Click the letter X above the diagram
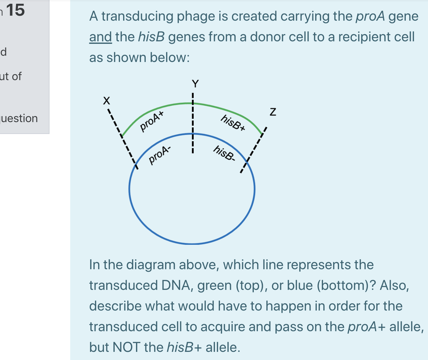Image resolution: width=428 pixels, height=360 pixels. coord(107,101)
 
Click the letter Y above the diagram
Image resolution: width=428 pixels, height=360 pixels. coord(195,84)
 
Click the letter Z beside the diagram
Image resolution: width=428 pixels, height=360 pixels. coord(273,112)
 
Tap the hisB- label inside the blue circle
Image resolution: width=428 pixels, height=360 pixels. coord(224,153)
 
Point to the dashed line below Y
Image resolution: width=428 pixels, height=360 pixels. coord(193,125)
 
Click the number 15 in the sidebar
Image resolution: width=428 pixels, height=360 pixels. coord(15,10)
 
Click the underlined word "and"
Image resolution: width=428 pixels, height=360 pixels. coord(100,37)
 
